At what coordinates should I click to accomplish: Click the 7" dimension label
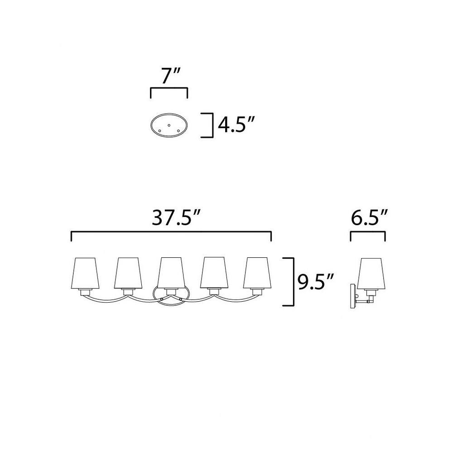170,76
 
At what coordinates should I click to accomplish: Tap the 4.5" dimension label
236,125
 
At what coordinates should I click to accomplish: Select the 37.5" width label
176,217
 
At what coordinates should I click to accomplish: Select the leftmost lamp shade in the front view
85,273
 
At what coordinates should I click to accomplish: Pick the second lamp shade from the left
128,273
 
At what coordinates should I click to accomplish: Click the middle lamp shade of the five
171,273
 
